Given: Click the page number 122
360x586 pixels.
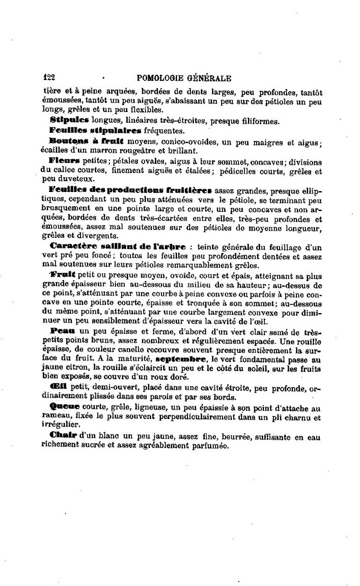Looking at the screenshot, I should [49, 78].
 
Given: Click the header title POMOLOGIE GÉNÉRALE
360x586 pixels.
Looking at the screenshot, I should [184, 78].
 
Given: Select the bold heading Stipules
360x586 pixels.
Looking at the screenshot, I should [69, 121].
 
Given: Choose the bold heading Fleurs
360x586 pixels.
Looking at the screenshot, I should [65, 161].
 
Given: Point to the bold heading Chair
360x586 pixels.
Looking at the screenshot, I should [63, 436].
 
